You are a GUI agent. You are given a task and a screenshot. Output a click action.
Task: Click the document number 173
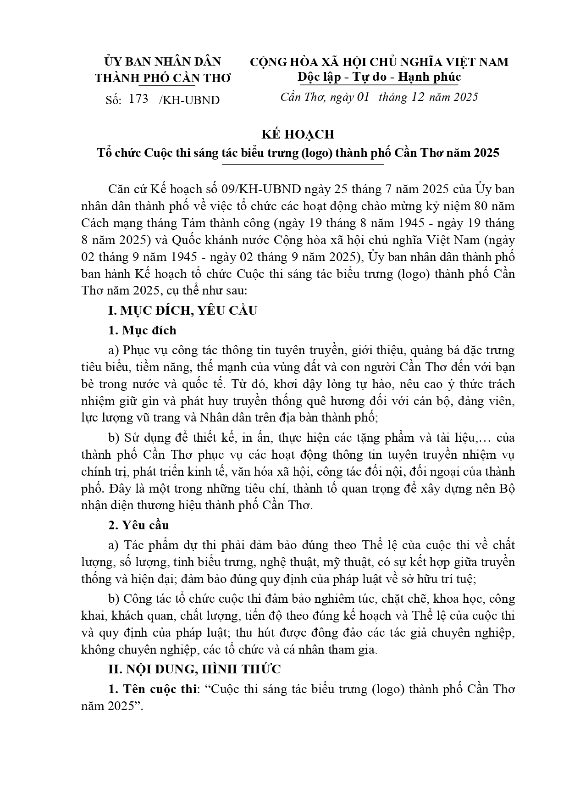pos(139,99)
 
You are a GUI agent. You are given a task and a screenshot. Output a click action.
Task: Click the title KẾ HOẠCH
pos(298,134)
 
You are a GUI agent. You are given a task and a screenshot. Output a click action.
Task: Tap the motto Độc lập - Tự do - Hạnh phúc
pos(379,77)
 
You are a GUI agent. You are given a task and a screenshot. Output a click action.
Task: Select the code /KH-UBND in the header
pos(189,100)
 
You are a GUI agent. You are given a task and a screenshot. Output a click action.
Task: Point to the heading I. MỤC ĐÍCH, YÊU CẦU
pos(182,310)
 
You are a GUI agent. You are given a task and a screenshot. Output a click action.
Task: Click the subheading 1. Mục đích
pos(142,330)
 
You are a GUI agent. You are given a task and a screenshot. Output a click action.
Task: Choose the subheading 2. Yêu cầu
pos(138,525)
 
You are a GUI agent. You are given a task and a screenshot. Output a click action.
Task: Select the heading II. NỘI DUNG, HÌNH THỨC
pos(194,669)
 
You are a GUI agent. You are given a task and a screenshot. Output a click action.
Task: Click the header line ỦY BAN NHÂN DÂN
pos(163,61)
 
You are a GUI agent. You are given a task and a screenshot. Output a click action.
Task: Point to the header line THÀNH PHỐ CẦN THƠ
pos(163,78)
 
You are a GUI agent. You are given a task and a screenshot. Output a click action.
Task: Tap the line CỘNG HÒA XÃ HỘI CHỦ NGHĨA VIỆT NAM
pos(379,61)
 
